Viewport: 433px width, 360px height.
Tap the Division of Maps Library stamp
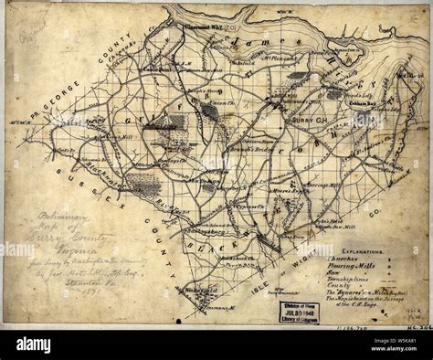[289, 309]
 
